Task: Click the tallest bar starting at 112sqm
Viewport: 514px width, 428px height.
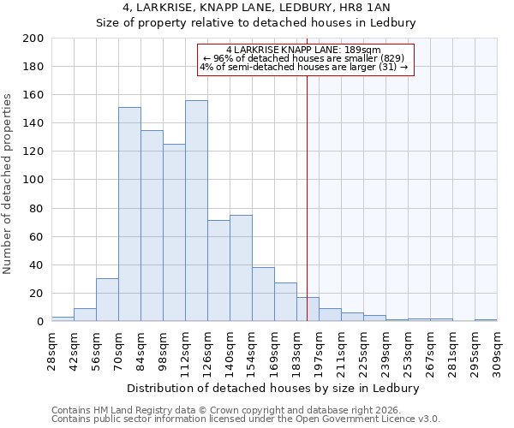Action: point(196,211)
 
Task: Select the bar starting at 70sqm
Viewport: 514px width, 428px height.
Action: point(129,214)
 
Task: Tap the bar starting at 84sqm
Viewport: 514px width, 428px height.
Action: point(152,225)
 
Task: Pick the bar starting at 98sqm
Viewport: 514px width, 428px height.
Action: point(174,232)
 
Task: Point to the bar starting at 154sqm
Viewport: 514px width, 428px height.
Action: point(263,294)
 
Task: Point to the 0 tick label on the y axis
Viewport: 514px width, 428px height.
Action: point(39,322)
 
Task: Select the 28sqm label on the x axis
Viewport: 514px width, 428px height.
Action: point(51,348)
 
